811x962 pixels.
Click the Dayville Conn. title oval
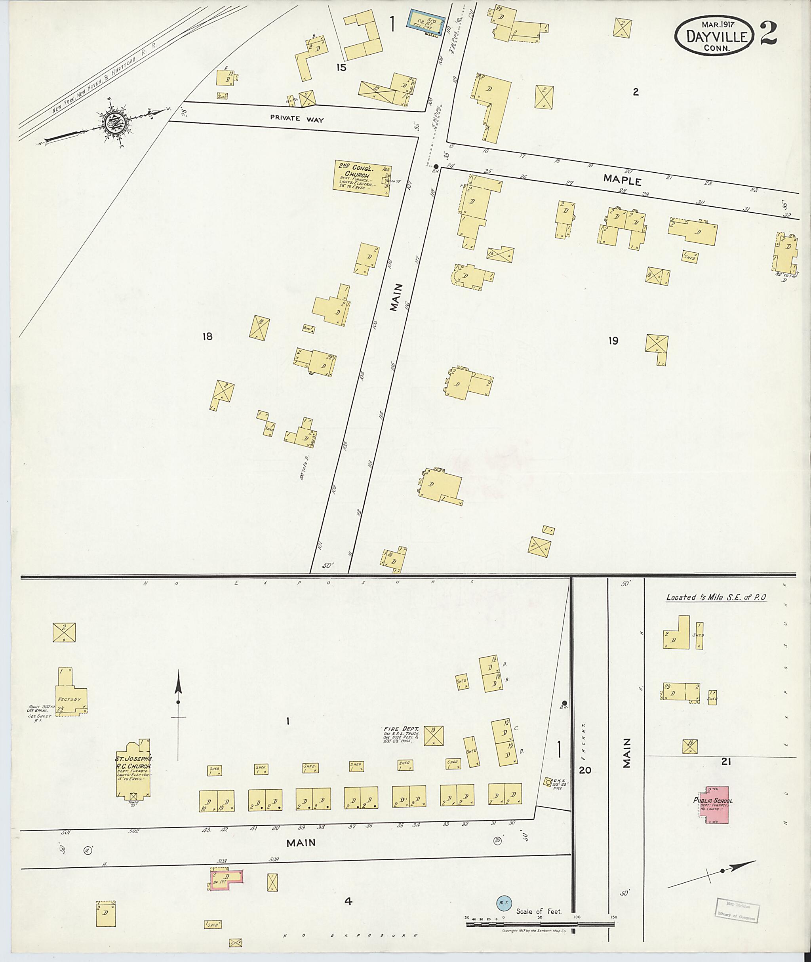pyautogui.click(x=714, y=36)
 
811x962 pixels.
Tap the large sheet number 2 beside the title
pyautogui.click(x=768, y=34)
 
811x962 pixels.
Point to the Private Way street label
pyautogui.click(x=297, y=119)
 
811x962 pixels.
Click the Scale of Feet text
pyautogui.click(x=539, y=911)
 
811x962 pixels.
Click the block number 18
pyautogui.click(x=208, y=337)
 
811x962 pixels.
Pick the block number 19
pyautogui.click(x=613, y=341)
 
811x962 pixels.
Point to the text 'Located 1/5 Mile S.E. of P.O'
pyautogui.click(x=716, y=597)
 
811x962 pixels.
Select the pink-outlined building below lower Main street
pyautogui.click(x=226, y=880)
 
